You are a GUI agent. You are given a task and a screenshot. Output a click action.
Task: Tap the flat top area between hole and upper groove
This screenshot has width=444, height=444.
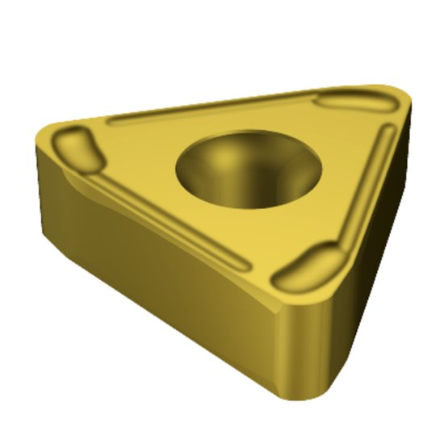(242, 121)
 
